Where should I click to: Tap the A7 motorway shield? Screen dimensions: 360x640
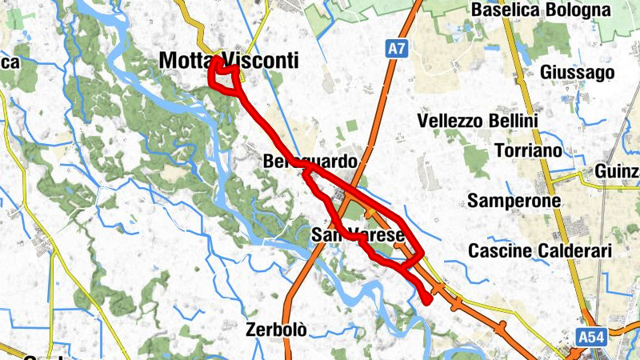(x=396, y=49)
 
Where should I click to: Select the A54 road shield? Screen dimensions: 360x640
(x=592, y=338)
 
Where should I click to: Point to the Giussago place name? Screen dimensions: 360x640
(x=578, y=73)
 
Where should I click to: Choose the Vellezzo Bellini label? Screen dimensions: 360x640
(x=478, y=121)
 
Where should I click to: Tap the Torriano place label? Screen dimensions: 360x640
(x=534, y=150)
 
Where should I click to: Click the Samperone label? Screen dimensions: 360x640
(x=514, y=201)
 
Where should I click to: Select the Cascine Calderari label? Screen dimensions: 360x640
(x=539, y=251)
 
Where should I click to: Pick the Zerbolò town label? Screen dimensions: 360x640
(x=277, y=329)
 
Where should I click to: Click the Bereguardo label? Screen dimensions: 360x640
(x=310, y=162)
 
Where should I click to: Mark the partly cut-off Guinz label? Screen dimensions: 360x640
(x=617, y=172)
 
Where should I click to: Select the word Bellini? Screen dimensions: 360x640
(x=513, y=121)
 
